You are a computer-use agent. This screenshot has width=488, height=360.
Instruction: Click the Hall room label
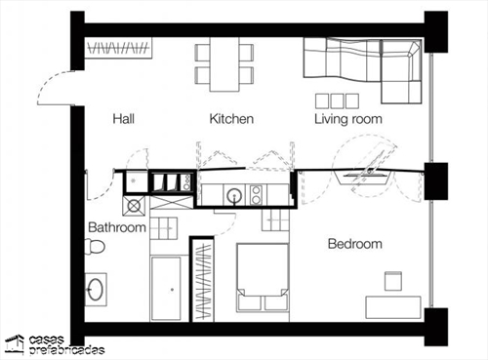pos(123,119)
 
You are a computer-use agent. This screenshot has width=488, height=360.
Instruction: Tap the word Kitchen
pos(231,119)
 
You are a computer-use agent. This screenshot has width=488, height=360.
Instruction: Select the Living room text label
pos(348,119)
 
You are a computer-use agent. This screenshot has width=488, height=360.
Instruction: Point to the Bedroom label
pos(355,244)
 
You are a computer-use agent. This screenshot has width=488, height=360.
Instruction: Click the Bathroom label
pos(117,227)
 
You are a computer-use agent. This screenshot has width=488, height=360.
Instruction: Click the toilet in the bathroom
pos(95,247)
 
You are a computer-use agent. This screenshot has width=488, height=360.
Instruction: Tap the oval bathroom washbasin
pos(96,289)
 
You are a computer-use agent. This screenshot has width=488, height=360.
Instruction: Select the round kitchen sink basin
pos(234,195)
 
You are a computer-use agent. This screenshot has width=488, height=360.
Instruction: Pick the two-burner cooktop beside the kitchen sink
pos(256,194)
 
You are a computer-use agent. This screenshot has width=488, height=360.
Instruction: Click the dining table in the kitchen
pos(224,64)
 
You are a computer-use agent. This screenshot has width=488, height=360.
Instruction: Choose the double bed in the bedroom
pos(263,278)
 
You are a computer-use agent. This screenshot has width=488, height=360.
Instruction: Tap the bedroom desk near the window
pos(393,307)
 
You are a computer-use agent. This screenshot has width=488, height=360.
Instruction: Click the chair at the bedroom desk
pos(393,281)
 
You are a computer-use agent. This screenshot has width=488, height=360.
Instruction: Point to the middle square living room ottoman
pos(337,101)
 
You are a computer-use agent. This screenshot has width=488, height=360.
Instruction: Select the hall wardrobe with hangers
pos(119,48)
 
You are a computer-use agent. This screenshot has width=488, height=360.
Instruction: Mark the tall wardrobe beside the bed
pos(202,280)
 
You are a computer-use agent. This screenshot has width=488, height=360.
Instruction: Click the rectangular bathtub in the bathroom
pos(166,289)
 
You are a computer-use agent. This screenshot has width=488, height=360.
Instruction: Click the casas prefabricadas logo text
pos(66,345)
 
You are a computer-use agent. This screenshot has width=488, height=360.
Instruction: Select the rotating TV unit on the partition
pos(367,174)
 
